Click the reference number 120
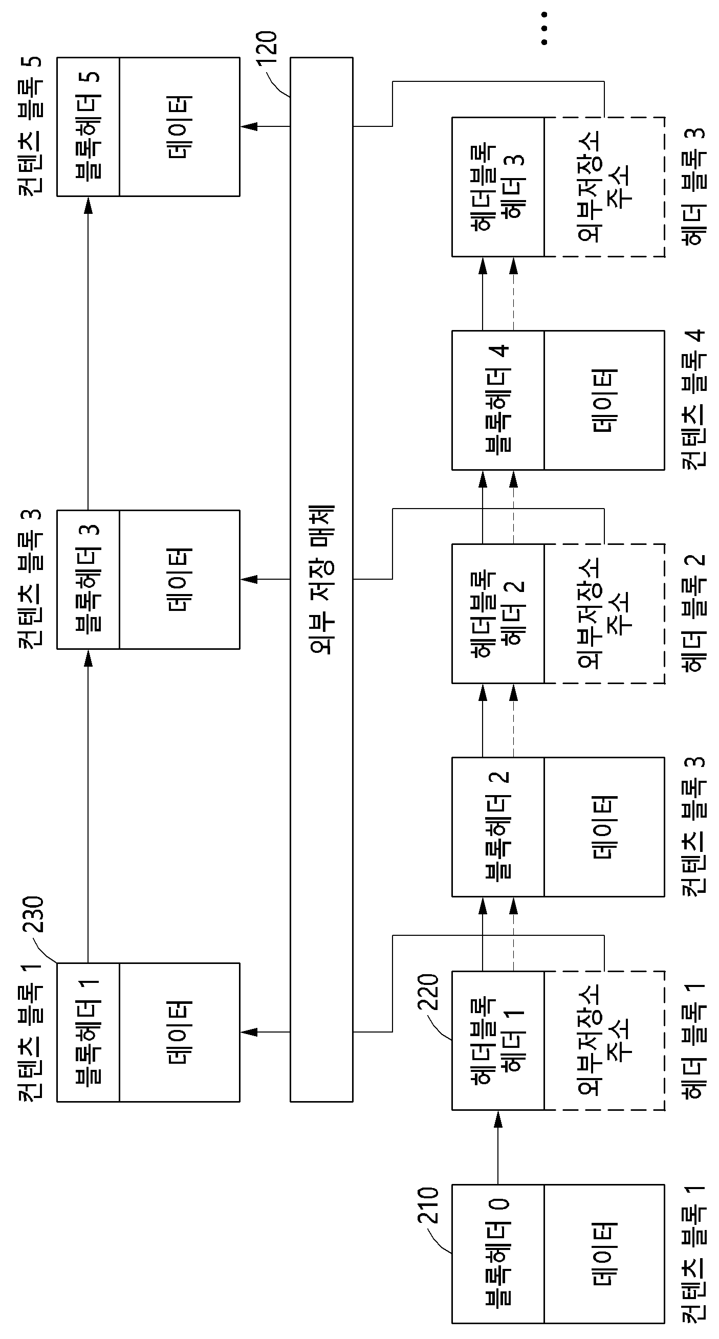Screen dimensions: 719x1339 click(267, 48)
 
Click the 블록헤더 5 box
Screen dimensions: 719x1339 click(88, 126)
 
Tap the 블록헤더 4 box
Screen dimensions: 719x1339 click(498, 400)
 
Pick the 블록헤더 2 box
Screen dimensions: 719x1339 click(498, 827)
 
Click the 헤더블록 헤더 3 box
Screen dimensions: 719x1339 click(498, 187)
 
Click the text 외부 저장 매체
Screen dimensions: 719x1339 click(321, 579)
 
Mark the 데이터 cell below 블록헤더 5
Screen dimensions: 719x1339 click(179, 126)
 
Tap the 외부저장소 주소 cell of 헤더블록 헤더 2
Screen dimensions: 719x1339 click(604, 613)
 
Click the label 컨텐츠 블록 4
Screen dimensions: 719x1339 click(693, 399)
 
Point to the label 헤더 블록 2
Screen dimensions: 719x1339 click(693, 613)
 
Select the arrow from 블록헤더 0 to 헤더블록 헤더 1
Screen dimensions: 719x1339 click(498, 1147)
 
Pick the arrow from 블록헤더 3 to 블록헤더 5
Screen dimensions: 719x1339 click(88, 353)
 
